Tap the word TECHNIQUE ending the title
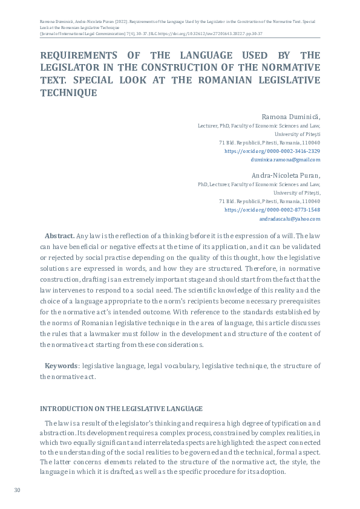coord(68,94)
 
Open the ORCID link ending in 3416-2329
coord(272,151)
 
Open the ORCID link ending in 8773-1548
coord(272,210)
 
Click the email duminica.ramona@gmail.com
coord(285,160)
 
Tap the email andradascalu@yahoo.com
coord(289,219)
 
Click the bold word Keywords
coord(61,366)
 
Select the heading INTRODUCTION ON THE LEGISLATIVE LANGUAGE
coord(121,409)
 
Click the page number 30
coord(18,490)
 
